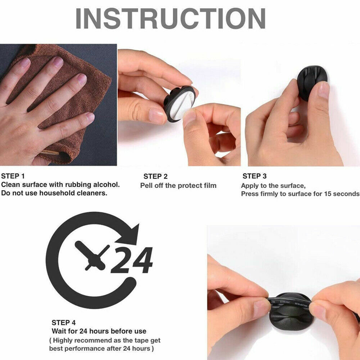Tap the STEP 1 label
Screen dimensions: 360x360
[x=13, y=176]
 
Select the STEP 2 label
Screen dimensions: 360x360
[x=156, y=176]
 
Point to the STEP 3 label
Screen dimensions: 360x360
[x=255, y=176]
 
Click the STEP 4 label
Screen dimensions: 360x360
[x=64, y=323]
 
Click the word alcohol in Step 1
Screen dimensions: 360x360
[x=106, y=185]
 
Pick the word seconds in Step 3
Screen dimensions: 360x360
[x=346, y=194]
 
